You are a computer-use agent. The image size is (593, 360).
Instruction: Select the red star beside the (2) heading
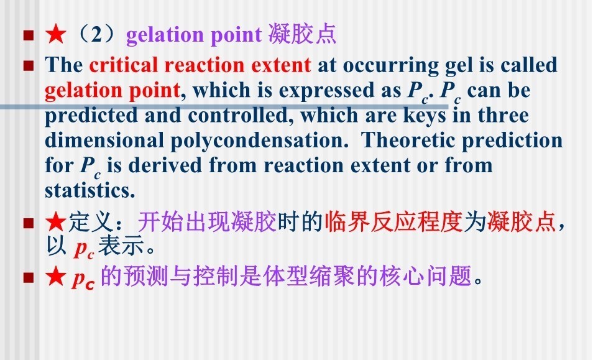pos(56,34)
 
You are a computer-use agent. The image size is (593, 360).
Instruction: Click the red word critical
pos(123,65)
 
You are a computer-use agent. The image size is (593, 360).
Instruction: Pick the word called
pos(529,65)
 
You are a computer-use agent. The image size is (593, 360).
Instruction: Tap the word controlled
pos(241,115)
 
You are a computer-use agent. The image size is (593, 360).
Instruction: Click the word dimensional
pos(104,141)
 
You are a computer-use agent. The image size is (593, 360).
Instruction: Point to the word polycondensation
pos(259,141)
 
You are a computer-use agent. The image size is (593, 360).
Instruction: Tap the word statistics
pos(90,190)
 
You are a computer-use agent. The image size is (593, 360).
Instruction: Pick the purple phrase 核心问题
pos(426,275)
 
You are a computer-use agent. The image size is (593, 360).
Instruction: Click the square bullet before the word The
pos(29,66)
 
